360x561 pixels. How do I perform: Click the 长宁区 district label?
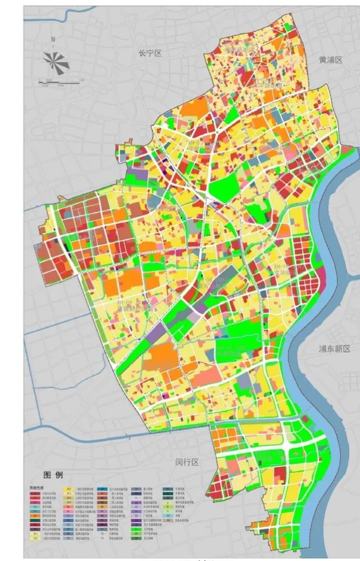tap(150, 53)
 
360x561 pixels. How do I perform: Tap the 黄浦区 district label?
tap(330, 60)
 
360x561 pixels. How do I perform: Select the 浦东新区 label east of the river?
tap(335, 349)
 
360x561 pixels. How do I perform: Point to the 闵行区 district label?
tap(186, 462)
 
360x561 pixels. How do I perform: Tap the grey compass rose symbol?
tap(56, 62)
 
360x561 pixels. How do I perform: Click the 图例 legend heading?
tap(53, 475)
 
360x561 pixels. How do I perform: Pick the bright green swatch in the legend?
tap(136, 529)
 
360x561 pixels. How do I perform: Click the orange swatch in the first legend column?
tap(34, 516)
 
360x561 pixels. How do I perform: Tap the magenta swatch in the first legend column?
tap(34, 502)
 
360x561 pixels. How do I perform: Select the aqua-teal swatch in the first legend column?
tap(34, 507)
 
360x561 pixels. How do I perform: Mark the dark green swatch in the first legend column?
tap(34, 520)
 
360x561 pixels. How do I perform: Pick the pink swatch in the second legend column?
tap(68, 511)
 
